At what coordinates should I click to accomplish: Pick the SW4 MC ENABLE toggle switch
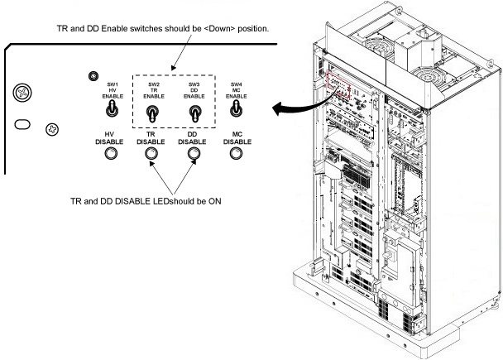[x=237, y=109]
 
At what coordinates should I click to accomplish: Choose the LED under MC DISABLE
[x=237, y=155]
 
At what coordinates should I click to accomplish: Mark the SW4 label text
[x=237, y=84]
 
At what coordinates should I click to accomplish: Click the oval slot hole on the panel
[x=24, y=124]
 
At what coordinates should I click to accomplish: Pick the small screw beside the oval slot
[x=52, y=130]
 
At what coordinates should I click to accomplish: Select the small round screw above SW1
[x=94, y=76]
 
